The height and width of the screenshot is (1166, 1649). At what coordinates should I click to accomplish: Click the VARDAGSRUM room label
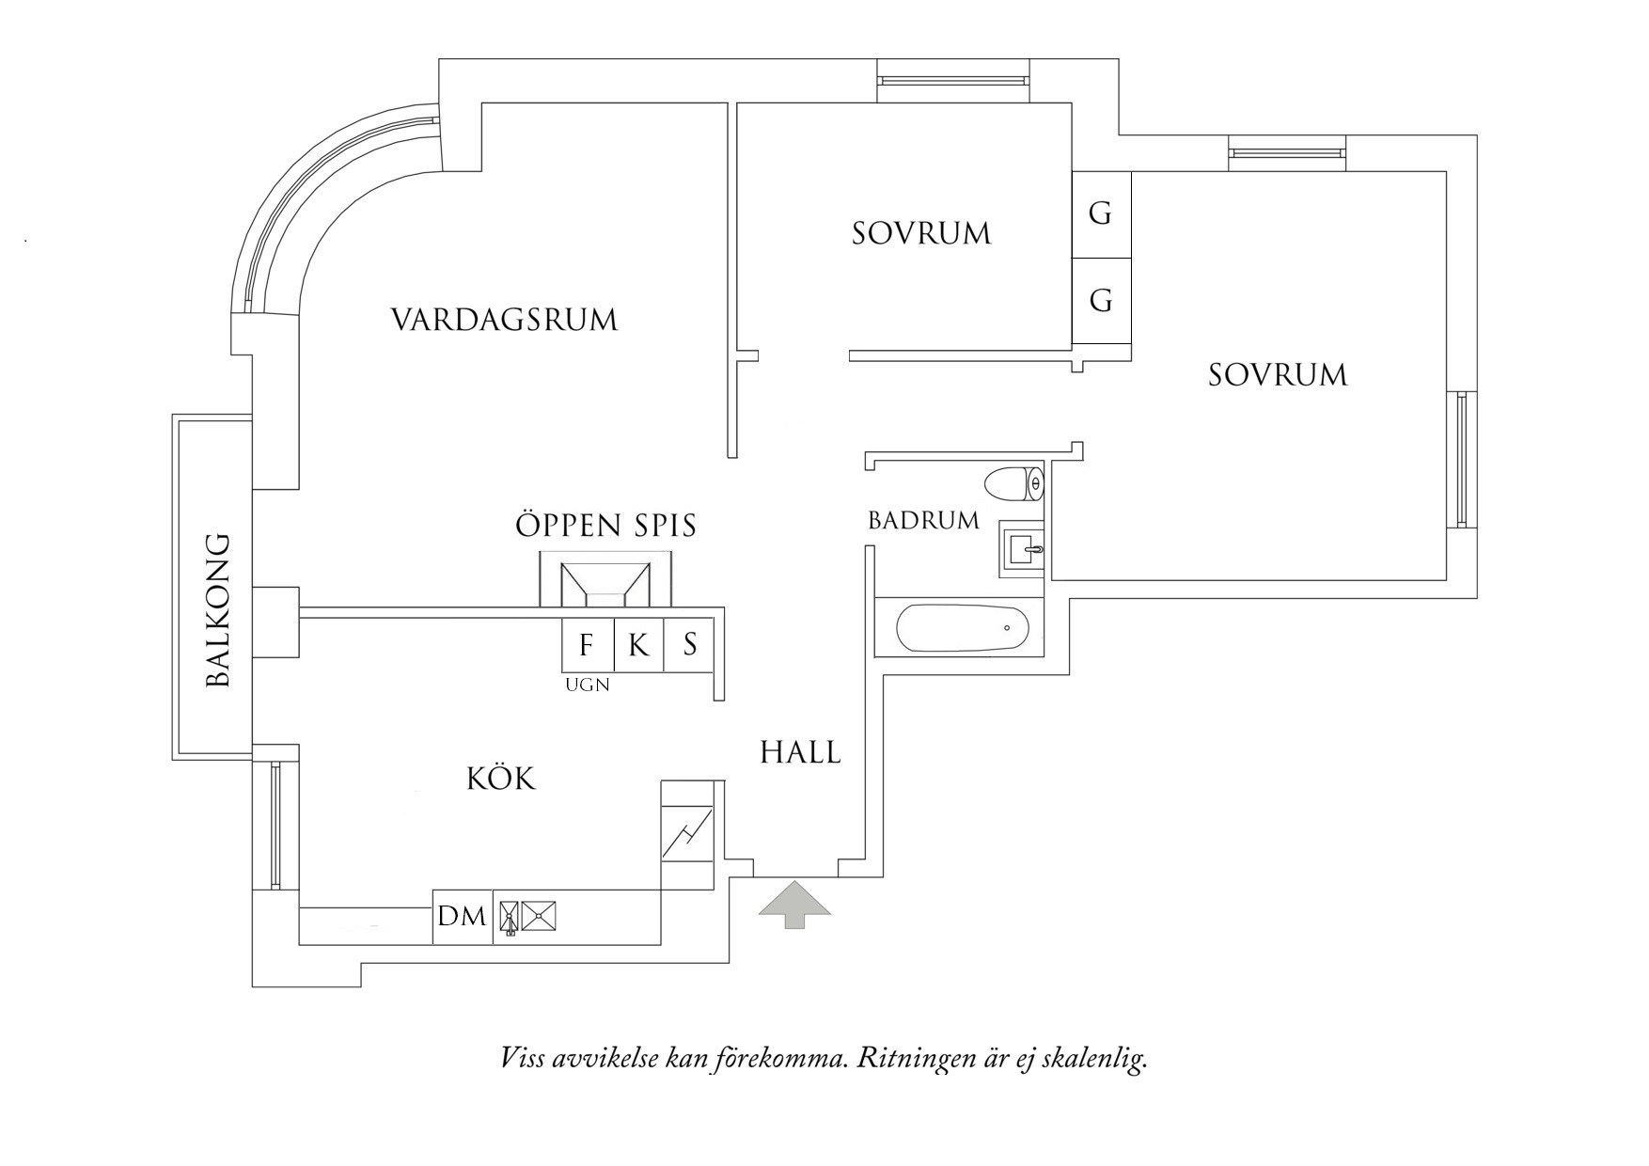504,320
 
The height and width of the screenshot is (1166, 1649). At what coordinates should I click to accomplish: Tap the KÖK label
501,779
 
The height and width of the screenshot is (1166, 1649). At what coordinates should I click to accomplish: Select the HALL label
800,752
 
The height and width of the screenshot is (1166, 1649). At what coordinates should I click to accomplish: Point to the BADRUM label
923,520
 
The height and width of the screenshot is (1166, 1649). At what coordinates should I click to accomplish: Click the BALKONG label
218,610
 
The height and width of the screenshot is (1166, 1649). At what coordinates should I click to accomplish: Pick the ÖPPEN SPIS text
606,525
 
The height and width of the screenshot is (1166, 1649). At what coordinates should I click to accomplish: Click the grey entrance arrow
795,905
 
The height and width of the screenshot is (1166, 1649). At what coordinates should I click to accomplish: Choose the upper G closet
1101,214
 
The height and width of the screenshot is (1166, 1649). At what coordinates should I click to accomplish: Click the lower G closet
1101,301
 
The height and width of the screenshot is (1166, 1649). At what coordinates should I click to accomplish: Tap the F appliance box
587,645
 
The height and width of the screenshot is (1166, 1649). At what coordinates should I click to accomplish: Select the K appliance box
638,645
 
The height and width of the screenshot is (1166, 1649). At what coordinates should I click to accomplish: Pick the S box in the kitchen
690,645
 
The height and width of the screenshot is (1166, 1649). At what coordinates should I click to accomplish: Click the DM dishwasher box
463,916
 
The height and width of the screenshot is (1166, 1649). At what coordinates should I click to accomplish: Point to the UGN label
587,685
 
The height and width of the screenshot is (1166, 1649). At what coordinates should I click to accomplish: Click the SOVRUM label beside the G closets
921,233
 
